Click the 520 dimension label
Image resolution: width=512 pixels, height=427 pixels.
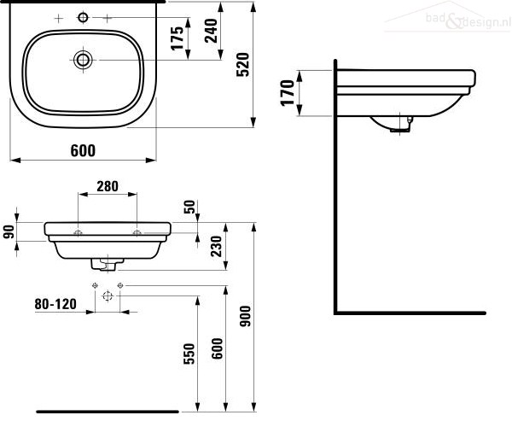coord(243,65)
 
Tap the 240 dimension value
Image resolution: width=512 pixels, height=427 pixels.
coord(212,31)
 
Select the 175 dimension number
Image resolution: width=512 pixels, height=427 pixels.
coord(177,38)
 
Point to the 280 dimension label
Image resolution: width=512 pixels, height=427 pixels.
coord(108,186)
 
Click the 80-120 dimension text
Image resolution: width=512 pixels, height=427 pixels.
coord(55,304)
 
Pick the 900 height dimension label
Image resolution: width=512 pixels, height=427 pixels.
coord(246,316)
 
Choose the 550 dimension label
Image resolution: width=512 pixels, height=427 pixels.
coord(189,354)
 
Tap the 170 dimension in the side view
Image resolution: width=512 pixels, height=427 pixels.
coord(288,93)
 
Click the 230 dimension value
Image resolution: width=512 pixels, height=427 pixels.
coord(217,246)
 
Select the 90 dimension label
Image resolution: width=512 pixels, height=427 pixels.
coord(9,231)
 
